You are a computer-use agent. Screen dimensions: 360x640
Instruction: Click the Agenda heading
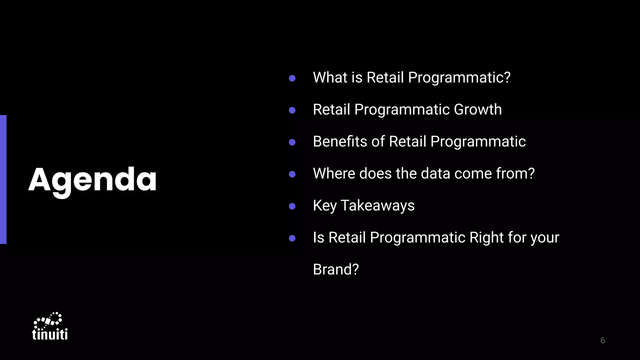click(92, 180)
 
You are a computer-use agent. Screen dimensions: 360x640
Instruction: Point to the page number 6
click(602, 340)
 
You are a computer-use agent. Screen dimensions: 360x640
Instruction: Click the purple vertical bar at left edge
click(3, 179)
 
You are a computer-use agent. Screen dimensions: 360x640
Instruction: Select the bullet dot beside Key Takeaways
click(292, 206)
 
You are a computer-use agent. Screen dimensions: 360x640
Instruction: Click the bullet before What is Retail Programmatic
click(292, 78)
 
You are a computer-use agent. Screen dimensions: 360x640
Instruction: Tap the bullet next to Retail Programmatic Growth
click(292, 110)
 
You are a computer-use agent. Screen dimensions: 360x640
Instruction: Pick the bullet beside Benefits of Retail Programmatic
click(292, 142)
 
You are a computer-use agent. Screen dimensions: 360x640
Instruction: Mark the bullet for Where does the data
click(292, 174)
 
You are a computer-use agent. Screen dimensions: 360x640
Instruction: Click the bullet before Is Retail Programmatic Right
click(292, 238)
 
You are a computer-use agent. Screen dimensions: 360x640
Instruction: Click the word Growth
click(477, 110)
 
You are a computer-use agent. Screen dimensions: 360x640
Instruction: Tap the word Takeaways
click(377, 206)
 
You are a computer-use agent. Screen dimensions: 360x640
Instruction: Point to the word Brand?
click(336, 269)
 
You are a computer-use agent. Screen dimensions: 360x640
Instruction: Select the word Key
click(325, 206)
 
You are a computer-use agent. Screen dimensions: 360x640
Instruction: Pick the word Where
click(334, 173)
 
